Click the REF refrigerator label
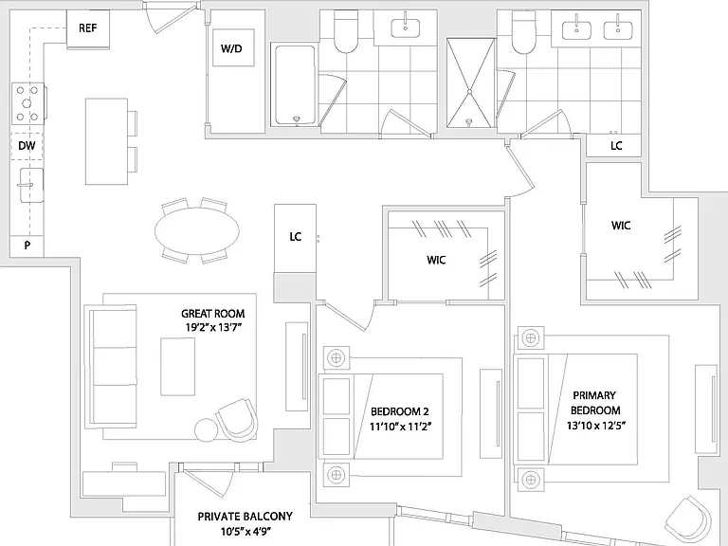(x=88, y=28)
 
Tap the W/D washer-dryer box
(x=233, y=47)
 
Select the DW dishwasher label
(x=27, y=146)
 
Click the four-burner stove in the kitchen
(x=27, y=103)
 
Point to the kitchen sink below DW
(x=31, y=185)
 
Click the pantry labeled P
(x=27, y=246)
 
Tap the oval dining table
(x=197, y=230)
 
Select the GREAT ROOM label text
(x=212, y=314)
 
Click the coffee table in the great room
(x=178, y=367)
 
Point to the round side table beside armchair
(x=206, y=430)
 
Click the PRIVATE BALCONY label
(x=245, y=517)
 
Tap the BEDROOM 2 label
(x=400, y=411)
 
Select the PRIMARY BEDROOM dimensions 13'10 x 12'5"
(x=595, y=426)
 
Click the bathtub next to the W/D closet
(x=295, y=84)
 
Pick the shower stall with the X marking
(x=470, y=82)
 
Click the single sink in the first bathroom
(x=406, y=27)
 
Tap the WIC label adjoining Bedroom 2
(x=436, y=260)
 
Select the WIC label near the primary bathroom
(x=621, y=226)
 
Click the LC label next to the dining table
(x=296, y=237)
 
